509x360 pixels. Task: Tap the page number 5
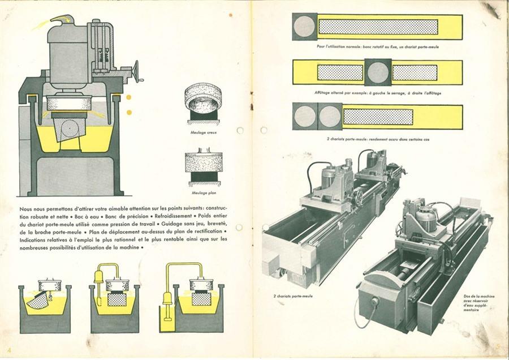click(498, 347)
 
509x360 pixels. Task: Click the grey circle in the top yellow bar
click(305, 27)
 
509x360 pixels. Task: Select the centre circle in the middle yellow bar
click(378, 72)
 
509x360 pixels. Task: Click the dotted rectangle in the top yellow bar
click(378, 27)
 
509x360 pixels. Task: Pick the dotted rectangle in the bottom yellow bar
click(378, 117)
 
